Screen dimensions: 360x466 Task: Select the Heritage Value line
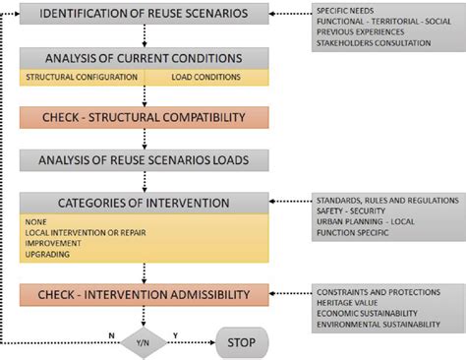point(353,302)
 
